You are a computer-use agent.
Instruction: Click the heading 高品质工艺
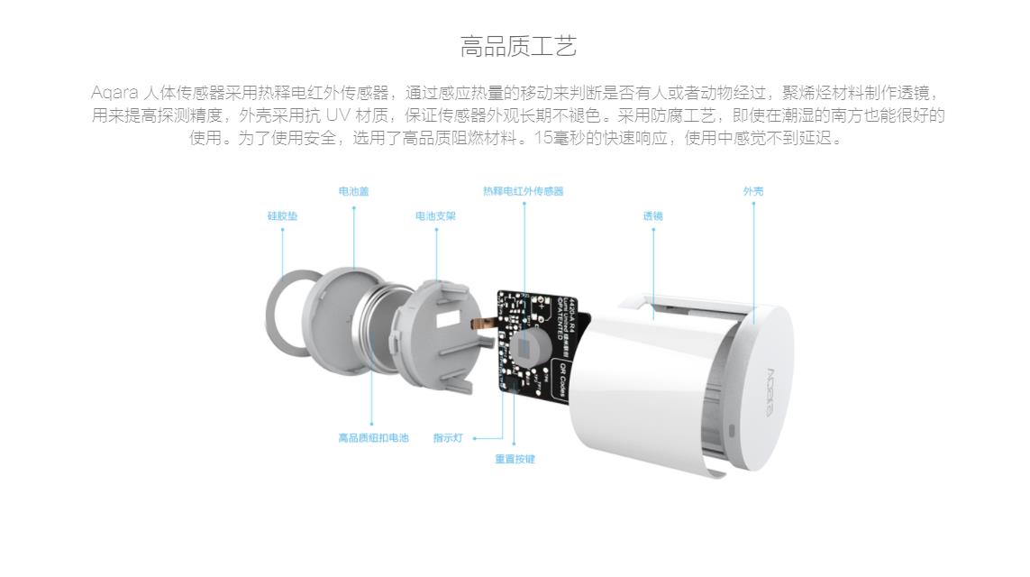[518, 47]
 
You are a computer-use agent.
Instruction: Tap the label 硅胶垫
[282, 216]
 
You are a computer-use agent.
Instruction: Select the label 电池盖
[353, 191]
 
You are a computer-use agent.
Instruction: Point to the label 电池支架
[435, 216]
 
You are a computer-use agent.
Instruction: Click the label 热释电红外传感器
[523, 191]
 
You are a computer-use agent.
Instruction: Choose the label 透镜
[652, 216]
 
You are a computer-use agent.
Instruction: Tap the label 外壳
[753, 191]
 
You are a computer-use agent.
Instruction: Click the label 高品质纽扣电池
[373, 438]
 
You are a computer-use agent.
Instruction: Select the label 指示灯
[447, 438]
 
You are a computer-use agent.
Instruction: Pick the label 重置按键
[515, 459]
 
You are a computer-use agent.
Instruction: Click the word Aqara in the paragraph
[114, 93]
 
